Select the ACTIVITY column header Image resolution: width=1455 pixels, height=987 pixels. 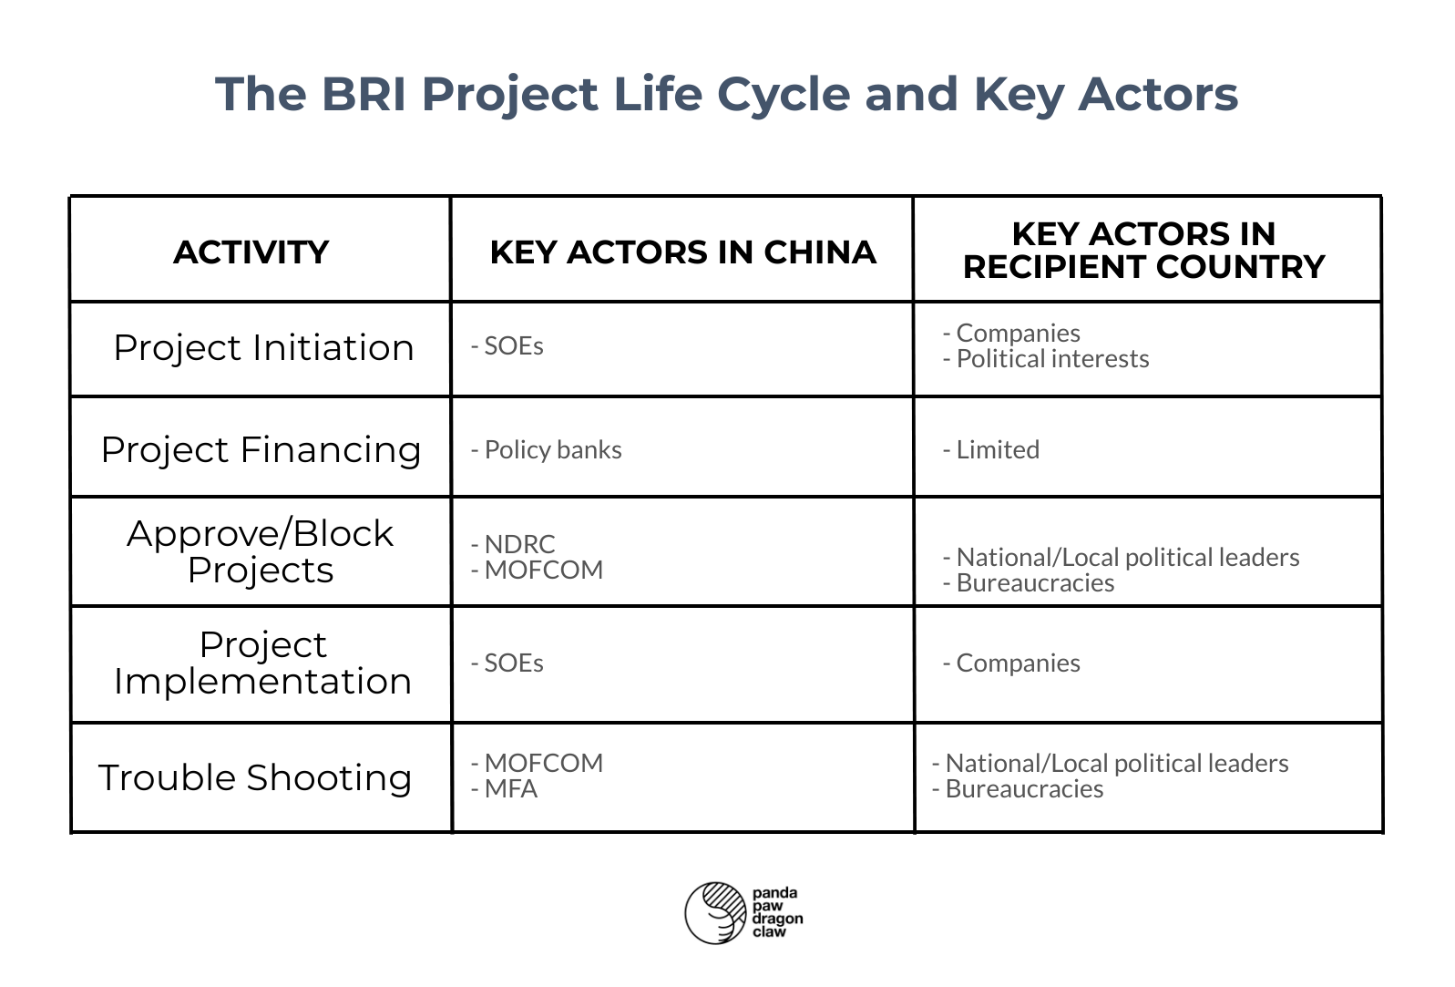click(251, 252)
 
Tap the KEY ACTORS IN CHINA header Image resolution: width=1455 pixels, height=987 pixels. click(682, 252)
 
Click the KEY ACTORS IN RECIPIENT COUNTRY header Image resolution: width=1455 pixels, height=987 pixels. click(1143, 250)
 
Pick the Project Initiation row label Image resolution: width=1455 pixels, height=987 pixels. click(263, 348)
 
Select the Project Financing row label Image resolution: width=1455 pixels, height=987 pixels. click(261, 450)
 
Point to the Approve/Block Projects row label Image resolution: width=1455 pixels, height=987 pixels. click(261, 551)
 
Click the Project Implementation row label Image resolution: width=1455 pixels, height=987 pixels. click(262, 663)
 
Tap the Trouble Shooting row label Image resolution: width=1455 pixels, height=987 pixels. click(255, 777)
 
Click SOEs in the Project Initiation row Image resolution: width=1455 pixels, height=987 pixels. click(513, 346)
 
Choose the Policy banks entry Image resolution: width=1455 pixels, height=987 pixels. click(552, 450)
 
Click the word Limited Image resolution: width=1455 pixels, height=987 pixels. click(997, 450)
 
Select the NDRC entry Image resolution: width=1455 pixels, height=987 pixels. click(519, 544)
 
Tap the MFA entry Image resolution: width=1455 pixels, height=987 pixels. click(510, 789)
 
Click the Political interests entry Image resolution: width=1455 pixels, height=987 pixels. click(1051, 359)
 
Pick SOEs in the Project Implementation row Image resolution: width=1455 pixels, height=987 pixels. click(513, 663)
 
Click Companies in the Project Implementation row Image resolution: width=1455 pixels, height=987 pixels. click(1017, 663)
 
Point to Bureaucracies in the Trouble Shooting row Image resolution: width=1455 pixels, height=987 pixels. click(1023, 789)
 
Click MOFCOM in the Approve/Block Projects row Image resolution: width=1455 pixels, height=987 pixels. click(543, 571)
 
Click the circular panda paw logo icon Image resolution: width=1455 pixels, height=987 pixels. click(716, 912)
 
